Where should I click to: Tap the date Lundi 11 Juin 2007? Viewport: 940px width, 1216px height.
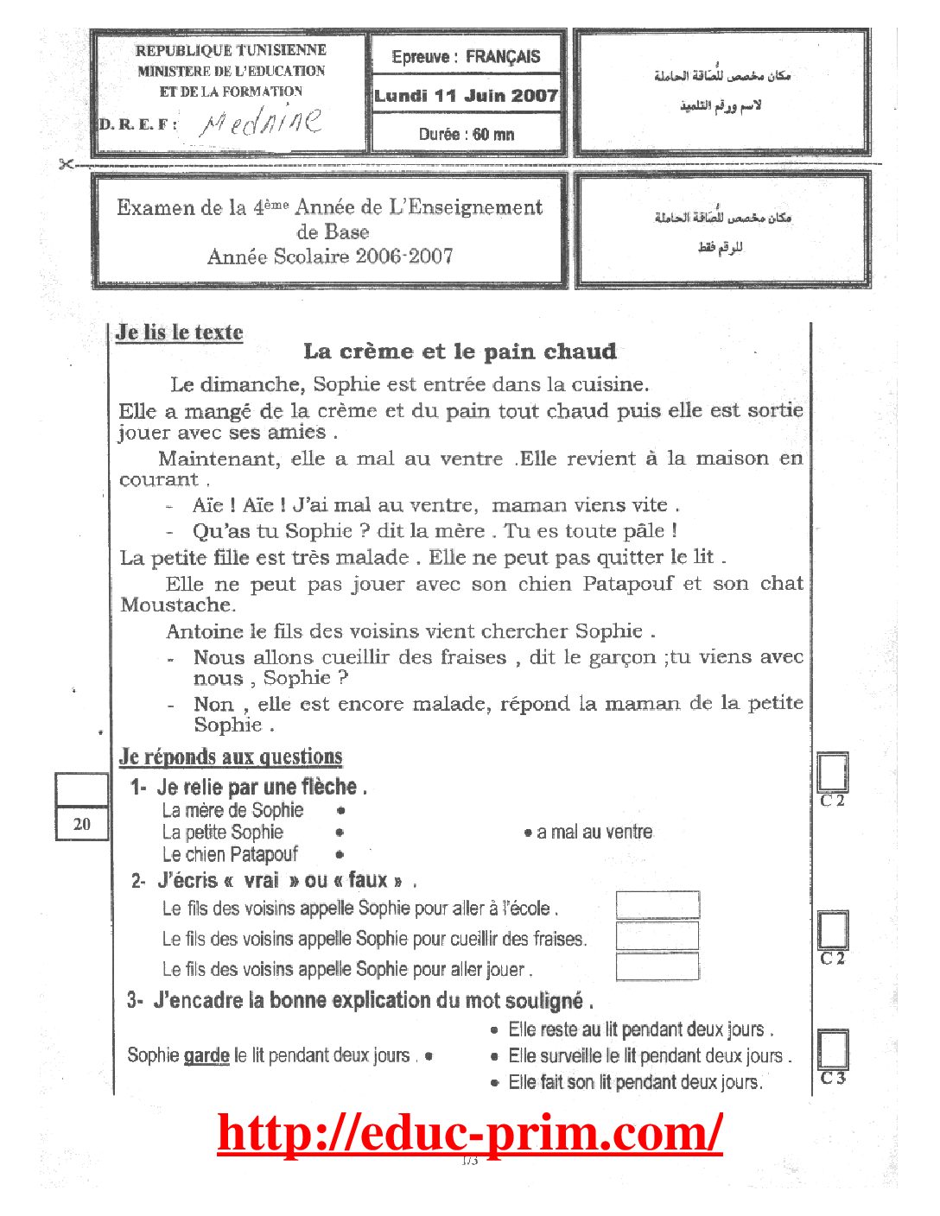pyautogui.click(x=467, y=96)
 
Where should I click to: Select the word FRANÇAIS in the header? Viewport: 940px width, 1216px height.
pyautogui.click(x=503, y=57)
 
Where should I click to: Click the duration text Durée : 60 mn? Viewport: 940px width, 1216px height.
pyautogui.click(x=467, y=134)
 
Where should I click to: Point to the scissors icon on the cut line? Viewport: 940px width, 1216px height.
pyautogui.click(x=67, y=164)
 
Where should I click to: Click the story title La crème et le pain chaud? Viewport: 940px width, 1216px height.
pyautogui.click(x=460, y=351)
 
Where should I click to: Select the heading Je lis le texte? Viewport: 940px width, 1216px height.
pyautogui.click(x=180, y=332)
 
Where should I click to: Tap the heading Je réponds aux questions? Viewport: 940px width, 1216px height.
pyautogui.click(x=231, y=757)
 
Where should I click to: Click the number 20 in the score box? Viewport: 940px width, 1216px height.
pyautogui.click(x=82, y=824)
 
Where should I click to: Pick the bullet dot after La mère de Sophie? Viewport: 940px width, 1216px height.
pyautogui.click(x=341, y=810)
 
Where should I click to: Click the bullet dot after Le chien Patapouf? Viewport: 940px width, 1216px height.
pyautogui.click(x=340, y=854)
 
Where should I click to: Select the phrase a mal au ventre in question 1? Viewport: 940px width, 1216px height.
pyautogui.click(x=594, y=832)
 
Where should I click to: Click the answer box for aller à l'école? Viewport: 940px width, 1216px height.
pyautogui.click(x=657, y=905)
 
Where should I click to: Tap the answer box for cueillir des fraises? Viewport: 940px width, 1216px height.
pyautogui.click(x=657, y=935)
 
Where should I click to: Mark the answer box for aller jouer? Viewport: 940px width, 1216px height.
pyautogui.click(x=657, y=966)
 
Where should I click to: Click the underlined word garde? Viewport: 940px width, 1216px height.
pyautogui.click(x=206, y=1055)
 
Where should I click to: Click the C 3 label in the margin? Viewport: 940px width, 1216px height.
pyautogui.click(x=833, y=1078)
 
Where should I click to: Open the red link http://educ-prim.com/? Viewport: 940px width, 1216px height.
pyautogui.click(x=470, y=1132)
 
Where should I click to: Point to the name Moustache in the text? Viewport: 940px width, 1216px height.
pyautogui.click(x=176, y=605)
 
